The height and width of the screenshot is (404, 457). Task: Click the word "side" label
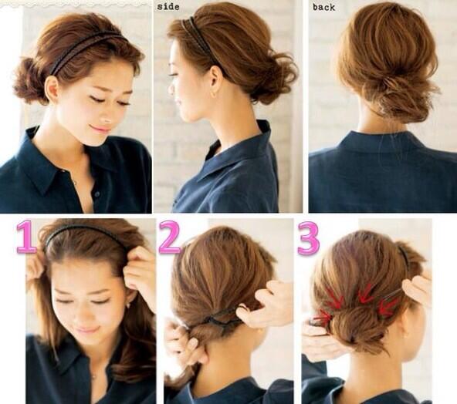tap(168, 6)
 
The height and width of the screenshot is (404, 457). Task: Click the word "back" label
tap(323, 7)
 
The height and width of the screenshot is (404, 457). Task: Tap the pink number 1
tap(27, 236)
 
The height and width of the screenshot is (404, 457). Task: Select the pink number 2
tap(171, 237)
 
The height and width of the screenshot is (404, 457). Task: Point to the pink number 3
tap(308, 237)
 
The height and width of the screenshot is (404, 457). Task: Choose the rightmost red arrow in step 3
tap(388, 307)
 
